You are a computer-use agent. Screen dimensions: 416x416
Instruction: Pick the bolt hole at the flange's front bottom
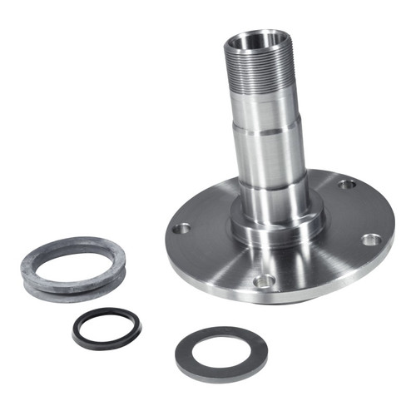(265, 281)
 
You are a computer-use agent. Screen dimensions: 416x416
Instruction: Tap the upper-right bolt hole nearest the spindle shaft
(347, 183)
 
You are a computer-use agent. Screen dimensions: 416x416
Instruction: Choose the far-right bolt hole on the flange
(371, 240)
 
